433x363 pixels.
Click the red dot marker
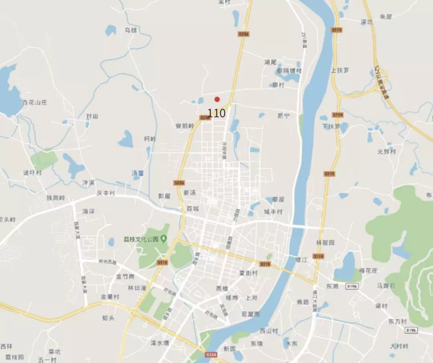click(217, 99)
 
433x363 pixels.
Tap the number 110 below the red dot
click(216, 113)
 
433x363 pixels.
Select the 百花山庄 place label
click(34, 102)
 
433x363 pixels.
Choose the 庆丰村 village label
click(105, 193)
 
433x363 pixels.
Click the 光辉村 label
click(386, 152)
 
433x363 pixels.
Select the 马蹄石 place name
click(386, 286)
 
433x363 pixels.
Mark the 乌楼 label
click(131, 30)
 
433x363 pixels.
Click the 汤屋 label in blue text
click(138, 173)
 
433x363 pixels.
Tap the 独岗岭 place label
click(55, 198)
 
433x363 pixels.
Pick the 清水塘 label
click(160, 343)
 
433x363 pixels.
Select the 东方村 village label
click(397, 322)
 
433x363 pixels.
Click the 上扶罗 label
click(340, 70)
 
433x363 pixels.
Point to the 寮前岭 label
click(184, 126)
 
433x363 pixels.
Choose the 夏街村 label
click(248, 273)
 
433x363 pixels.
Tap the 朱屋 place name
click(386, 17)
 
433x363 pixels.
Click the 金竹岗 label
click(125, 276)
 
